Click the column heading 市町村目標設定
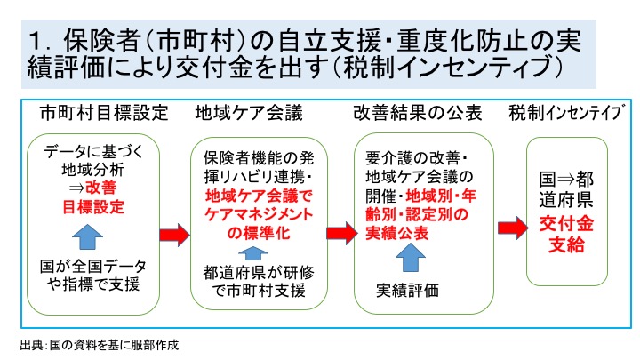104,113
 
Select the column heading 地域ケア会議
249,113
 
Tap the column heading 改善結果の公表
418,113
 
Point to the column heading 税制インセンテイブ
567,113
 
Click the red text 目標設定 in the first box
93,207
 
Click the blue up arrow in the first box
87,236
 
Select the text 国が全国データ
93,267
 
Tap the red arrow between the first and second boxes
174,235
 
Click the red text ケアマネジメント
259,215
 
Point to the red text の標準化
259,233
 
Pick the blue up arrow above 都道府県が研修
253,253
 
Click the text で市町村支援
259,291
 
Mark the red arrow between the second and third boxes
342,233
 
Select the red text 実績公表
396,233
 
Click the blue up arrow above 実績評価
411,258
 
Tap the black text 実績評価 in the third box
407,291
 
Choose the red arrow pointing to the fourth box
513,228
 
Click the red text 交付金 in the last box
566,224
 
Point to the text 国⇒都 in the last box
566,179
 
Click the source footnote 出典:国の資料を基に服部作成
100,345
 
